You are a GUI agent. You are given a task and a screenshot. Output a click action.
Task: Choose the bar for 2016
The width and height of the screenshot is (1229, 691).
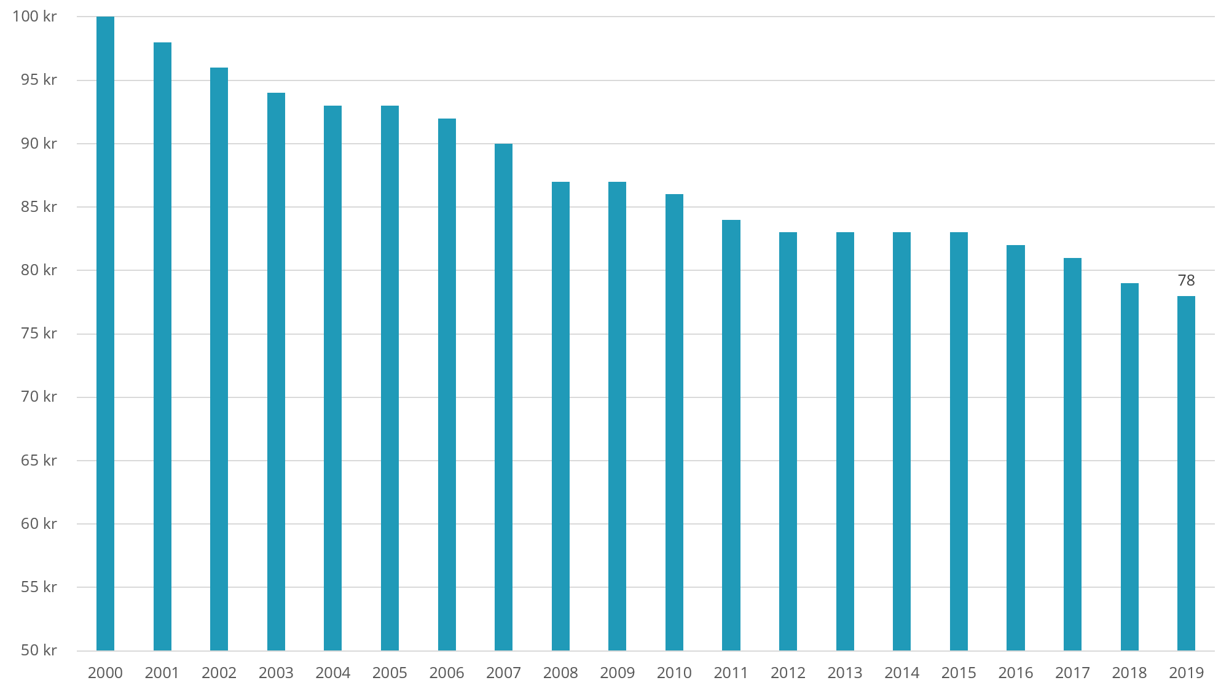click(x=1015, y=448)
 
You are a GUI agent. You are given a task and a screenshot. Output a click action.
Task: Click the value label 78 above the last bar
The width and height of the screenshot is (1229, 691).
click(x=1186, y=281)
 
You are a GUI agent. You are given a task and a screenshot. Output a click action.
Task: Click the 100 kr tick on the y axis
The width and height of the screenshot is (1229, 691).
click(x=34, y=17)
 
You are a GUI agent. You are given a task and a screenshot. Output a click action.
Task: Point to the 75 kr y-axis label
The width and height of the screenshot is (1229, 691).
click(x=38, y=334)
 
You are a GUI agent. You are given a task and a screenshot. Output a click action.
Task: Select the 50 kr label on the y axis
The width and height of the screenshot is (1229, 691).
click(x=38, y=650)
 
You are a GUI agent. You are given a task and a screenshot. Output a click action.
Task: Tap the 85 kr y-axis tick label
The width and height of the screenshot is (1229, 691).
click(x=38, y=207)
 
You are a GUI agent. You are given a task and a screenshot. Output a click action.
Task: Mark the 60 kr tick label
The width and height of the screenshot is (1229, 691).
click(x=38, y=524)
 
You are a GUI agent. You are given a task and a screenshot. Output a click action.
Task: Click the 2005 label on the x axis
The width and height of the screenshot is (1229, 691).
click(x=390, y=673)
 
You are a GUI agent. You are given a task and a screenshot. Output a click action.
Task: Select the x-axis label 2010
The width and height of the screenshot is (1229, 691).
click(x=674, y=673)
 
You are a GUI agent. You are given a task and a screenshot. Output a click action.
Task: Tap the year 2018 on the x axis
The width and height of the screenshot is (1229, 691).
click(x=1129, y=673)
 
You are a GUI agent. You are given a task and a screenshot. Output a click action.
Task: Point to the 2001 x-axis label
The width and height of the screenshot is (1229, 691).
click(x=162, y=673)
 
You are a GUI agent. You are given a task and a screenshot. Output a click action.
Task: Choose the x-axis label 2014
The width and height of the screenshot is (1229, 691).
click(x=901, y=673)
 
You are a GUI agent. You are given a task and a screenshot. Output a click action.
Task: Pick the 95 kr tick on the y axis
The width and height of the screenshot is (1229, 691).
click(x=38, y=80)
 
